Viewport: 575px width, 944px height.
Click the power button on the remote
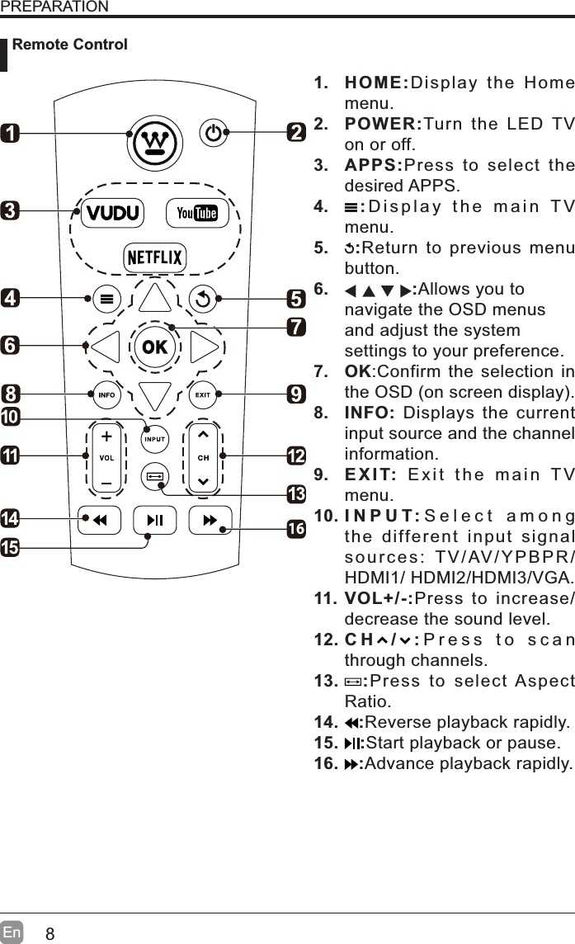(x=214, y=133)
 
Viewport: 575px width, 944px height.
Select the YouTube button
(x=196, y=213)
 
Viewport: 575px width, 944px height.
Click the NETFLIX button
(x=155, y=257)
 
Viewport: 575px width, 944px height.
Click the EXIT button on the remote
(x=203, y=394)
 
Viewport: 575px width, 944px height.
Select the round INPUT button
(x=155, y=439)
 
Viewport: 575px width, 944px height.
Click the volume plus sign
(x=106, y=435)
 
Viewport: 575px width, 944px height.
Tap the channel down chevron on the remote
(x=203, y=482)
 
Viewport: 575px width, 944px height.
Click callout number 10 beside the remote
(x=11, y=418)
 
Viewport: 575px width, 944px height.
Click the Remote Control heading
(x=70, y=45)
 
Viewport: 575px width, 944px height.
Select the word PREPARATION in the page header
(x=54, y=7)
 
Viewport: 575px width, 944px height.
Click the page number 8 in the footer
(x=50, y=934)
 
